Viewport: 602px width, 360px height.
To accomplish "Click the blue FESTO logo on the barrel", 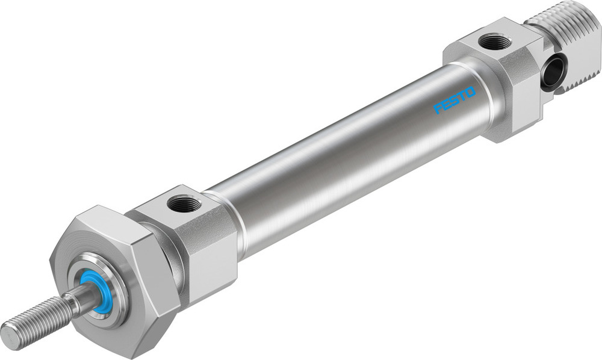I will click(455, 100).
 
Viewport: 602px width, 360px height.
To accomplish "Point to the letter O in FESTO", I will click(470, 92).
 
